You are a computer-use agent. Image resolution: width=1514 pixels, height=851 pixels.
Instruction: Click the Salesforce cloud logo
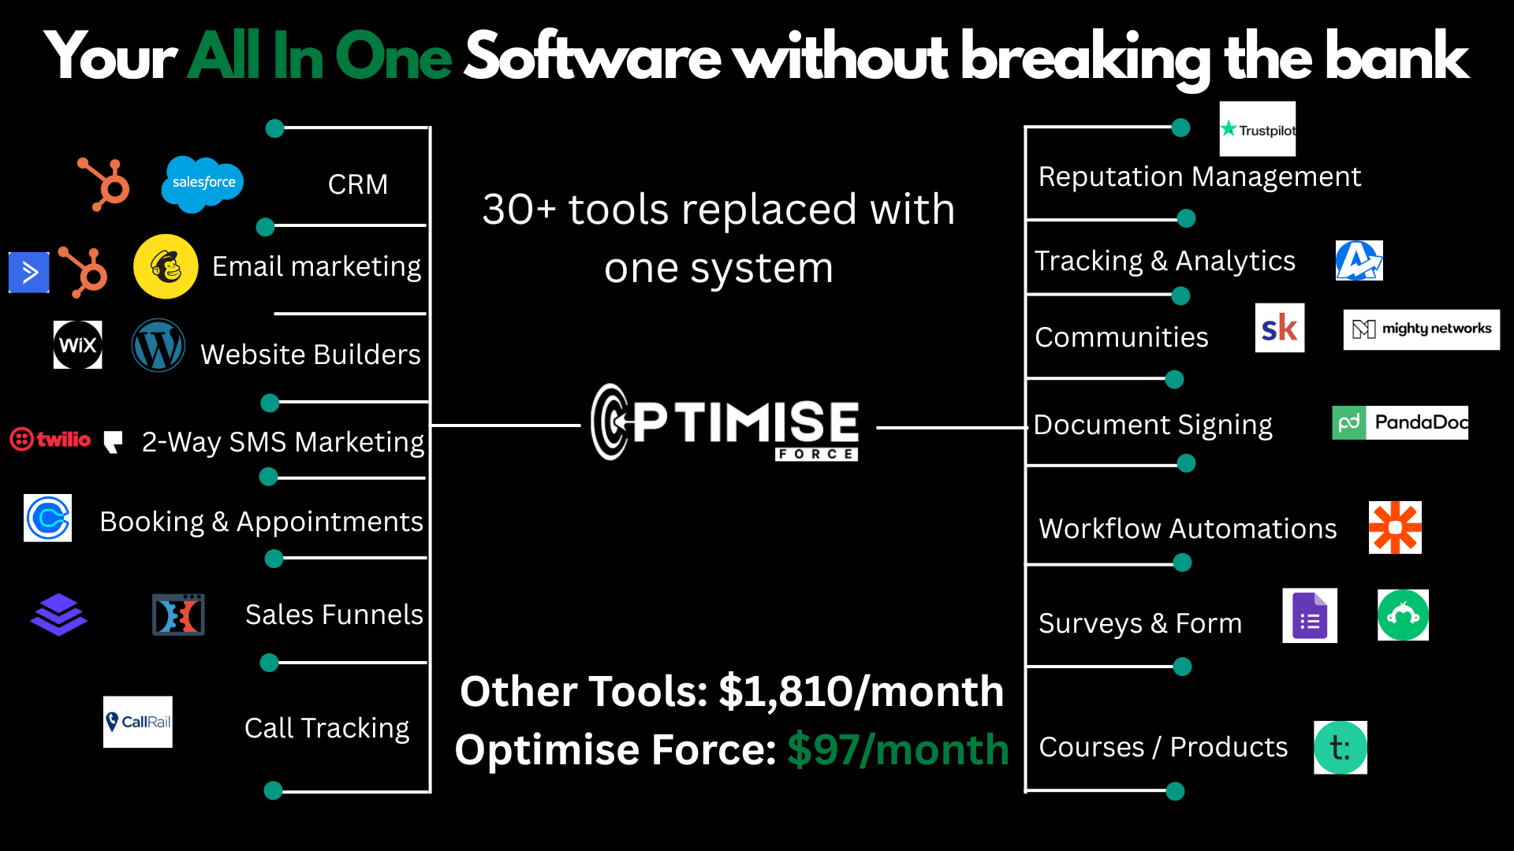pyautogui.click(x=203, y=184)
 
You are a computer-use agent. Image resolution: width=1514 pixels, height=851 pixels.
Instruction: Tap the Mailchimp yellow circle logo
pyautogui.click(x=166, y=266)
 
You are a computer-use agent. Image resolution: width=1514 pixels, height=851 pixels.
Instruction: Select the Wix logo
pyautogui.click(x=77, y=344)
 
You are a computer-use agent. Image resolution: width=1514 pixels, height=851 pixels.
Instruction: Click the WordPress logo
pyautogui.click(x=158, y=345)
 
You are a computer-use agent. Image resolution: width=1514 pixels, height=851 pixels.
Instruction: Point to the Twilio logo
pyautogui.click(x=50, y=439)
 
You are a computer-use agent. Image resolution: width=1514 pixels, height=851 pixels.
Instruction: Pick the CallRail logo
pyautogui.click(x=138, y=722)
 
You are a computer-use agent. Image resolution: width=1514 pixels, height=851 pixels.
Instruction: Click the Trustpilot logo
pyautogui.click(x=1258, y=129)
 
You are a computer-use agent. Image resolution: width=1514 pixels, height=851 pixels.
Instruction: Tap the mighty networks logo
pyautogui.click(x=1422, y=329)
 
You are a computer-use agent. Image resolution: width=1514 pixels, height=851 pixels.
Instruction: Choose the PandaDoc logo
pyautogui.click(x=1400, y=422)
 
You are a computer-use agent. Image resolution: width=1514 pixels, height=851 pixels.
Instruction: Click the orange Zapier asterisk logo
pyautogui.click(x=1395, y=527)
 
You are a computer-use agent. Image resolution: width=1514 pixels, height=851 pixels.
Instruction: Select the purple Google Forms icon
pyautogui.click(x=1310, y=616)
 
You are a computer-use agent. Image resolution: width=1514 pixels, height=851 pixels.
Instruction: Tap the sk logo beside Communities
pyautogui.click(x=1280, y=328)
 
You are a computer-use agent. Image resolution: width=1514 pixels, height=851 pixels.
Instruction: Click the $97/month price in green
pyautogui.click(x=898, y=749)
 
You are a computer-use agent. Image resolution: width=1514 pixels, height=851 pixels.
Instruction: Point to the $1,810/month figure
pyautogui.click(x=861, y=692)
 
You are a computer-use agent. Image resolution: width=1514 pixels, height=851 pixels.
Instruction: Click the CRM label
pyautogui.click(x=358, y=184)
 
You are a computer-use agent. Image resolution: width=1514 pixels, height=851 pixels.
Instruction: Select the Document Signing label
pyautogui.click(x=1153, y=425)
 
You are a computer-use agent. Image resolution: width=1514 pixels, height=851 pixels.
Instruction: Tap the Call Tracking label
pyautogui.click(x=327, y=729)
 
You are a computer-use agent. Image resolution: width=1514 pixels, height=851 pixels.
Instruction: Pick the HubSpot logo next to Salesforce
pyautogui.click(x=103, y=184)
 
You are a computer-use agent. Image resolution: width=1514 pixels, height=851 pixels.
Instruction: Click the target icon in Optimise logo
pyautogui.click(x=612, y=422)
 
